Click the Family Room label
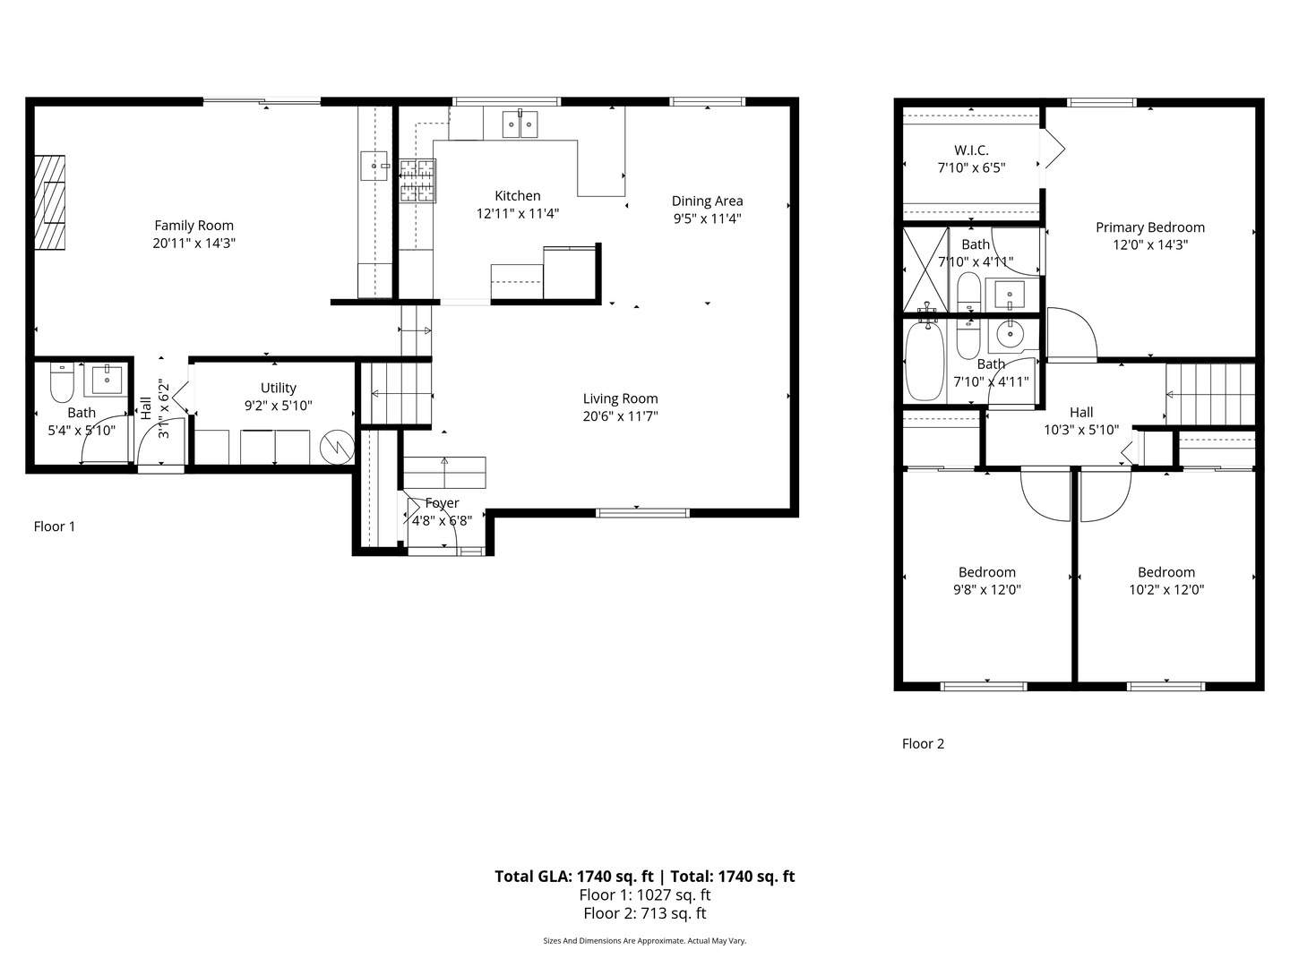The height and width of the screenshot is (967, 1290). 193,226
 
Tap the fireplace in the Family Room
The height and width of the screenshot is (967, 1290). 50,202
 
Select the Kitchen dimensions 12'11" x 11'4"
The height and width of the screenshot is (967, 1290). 518,213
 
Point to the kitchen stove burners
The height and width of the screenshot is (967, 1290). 417,180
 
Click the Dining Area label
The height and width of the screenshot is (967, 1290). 707,201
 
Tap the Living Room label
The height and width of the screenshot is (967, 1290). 620,398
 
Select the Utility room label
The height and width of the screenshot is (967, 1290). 278,388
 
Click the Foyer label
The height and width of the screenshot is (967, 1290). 442,503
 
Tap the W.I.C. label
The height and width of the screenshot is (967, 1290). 971,150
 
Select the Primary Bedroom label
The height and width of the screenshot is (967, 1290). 1150,227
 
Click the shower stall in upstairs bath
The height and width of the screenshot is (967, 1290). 924,269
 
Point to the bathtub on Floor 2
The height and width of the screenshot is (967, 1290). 924,361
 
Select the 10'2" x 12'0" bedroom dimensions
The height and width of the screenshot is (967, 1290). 1166,589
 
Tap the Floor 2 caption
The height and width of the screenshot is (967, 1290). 923,743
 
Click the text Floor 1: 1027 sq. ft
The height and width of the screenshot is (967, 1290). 645,894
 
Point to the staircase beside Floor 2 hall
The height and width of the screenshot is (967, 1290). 1209,393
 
